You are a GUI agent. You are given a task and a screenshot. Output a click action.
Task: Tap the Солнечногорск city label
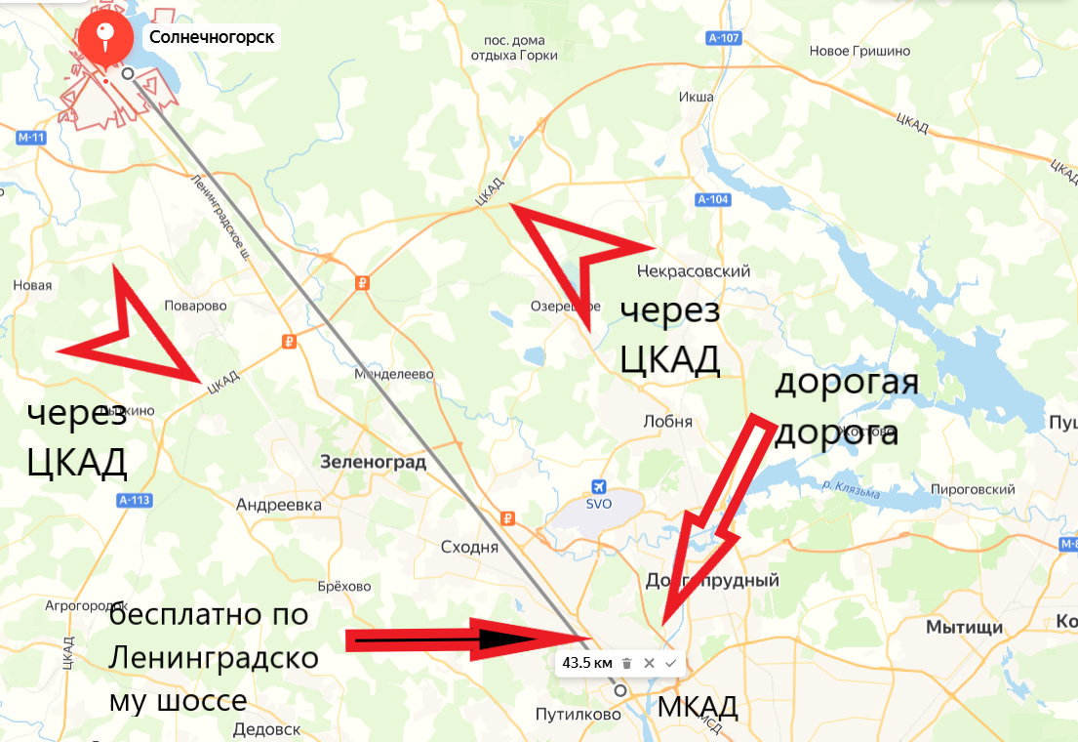[211, 38]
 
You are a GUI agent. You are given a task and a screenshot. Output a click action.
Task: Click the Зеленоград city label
[373, 462]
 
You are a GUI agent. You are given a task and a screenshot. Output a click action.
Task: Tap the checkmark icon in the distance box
[670, 663]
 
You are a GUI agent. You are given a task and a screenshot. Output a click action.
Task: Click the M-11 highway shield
[32, 138]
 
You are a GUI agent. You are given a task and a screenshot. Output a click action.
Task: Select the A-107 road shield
[722, 39]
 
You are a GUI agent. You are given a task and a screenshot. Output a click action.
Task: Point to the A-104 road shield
[713, 199]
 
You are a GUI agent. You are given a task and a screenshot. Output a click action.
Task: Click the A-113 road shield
[134, 500]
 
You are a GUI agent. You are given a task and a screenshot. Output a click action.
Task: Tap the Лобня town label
[668, 422]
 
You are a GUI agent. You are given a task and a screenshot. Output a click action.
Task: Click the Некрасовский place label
[694, 270]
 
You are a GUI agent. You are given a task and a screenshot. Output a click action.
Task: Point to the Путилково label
[579, 714]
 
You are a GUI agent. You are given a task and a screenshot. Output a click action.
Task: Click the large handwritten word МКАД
[697, 707]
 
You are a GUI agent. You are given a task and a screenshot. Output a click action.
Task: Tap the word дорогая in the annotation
[846, 381]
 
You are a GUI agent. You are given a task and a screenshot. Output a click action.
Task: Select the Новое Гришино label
[859, 51]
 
